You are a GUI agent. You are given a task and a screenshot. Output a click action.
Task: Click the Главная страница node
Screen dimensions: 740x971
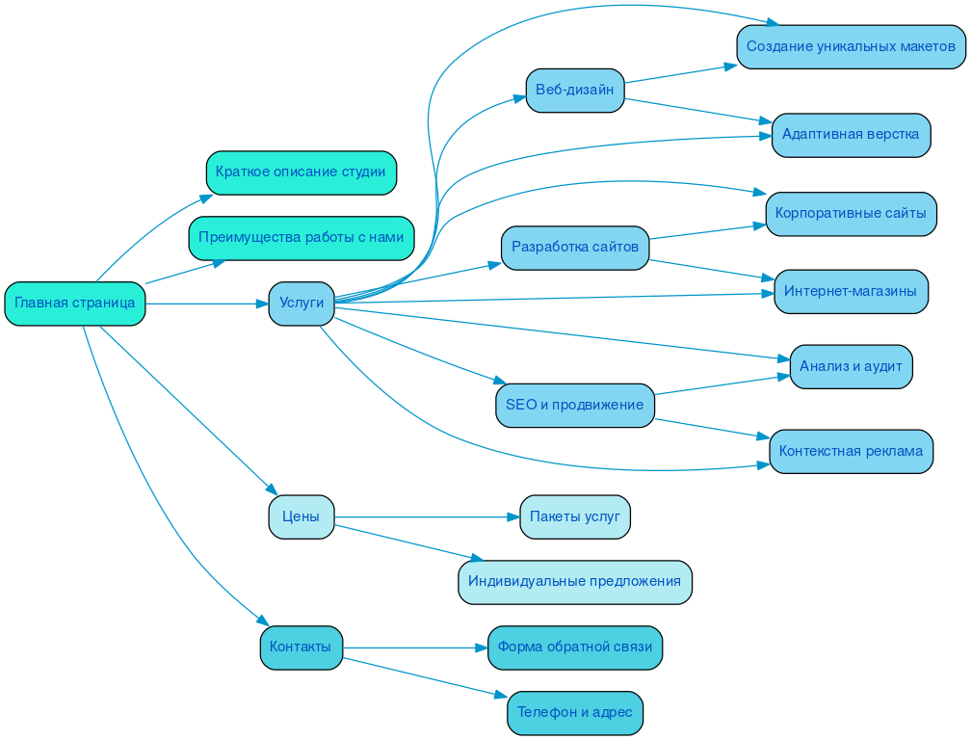click(75, 304)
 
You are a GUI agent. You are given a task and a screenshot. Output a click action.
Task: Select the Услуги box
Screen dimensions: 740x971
click(302, 304)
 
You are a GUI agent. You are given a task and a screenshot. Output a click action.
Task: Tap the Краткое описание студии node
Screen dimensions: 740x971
click(301, 172)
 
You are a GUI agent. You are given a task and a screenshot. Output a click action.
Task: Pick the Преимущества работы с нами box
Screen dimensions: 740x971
click(301, 238)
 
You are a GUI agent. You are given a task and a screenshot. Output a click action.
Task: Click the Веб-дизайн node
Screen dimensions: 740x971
click(575, 91)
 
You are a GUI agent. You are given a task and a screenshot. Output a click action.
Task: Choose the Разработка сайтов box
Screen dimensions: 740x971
click(575, 248)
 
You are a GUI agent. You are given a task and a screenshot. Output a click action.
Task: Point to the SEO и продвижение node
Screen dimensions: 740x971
click(575, 406)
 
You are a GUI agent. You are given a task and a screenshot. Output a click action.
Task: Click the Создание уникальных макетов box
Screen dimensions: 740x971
click(851, 47)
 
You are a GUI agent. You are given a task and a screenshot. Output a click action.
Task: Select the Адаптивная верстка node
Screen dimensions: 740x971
click(851, 135)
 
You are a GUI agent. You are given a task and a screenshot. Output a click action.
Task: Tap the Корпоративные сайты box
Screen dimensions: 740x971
click(851, 214)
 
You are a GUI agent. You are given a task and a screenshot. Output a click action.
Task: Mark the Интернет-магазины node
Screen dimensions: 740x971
click(851, 291)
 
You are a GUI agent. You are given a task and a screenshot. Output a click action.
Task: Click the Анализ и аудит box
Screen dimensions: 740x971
click(851, 367)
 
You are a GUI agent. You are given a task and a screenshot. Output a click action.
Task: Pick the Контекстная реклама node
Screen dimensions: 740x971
click(851, 451)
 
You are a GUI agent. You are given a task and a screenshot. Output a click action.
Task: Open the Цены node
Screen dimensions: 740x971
click(302, 517)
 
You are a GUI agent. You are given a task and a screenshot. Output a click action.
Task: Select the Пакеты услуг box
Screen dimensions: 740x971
click(575, 517)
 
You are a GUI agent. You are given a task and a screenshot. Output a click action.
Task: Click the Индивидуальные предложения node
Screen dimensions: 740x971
click(575, 582)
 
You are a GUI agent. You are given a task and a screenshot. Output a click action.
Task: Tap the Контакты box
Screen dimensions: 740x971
click(302, 647)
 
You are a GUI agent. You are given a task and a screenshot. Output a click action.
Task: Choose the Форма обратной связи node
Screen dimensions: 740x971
click(575, 647)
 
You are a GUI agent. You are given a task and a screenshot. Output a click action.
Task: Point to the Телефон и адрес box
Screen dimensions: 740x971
click(575, 713)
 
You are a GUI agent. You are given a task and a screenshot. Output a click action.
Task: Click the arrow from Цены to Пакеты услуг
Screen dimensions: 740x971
click(424, 517)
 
